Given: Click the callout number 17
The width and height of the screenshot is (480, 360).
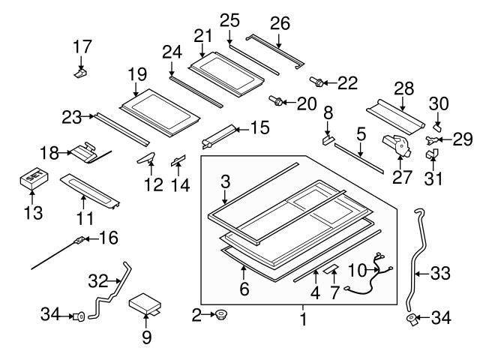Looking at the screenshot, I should tap(82, 46).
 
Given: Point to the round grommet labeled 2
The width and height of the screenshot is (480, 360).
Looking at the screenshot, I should tap(222, 315).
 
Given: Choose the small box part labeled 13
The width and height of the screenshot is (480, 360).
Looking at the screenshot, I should tap(31, 180).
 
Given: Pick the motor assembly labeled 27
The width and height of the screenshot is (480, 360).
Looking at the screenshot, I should tap(395, 143).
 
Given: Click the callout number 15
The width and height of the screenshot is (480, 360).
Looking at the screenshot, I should tap(259, 129).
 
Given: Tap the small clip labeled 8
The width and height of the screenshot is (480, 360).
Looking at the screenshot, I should tap(327, 139).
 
